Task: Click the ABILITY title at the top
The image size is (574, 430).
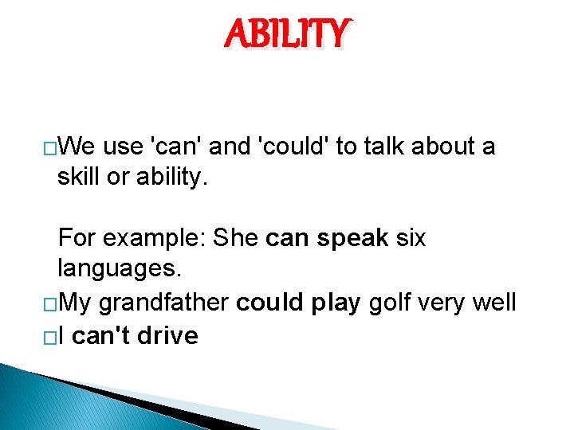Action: pos(287,34)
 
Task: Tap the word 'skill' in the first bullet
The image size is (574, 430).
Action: pos(81,176)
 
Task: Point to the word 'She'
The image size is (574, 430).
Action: pos(235,237)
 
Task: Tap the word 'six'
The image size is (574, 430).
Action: pos(410,237)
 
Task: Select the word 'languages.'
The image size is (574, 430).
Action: pos(120,269)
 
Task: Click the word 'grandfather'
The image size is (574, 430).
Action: pos(165,303)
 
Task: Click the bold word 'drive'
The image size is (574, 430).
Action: pos(167,336)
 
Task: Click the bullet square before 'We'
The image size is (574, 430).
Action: pos(49,148)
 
